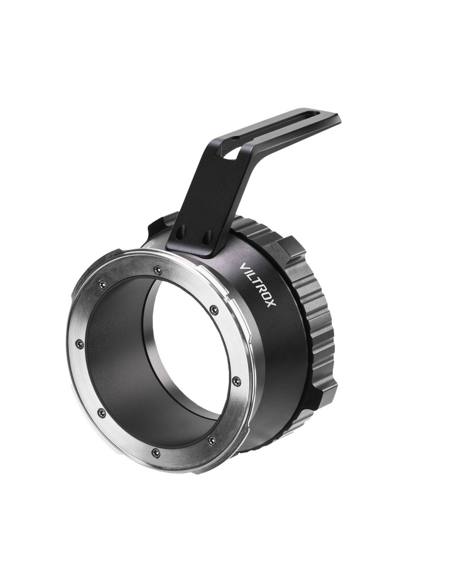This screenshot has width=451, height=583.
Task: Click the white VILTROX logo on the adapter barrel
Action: click(258, 290)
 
